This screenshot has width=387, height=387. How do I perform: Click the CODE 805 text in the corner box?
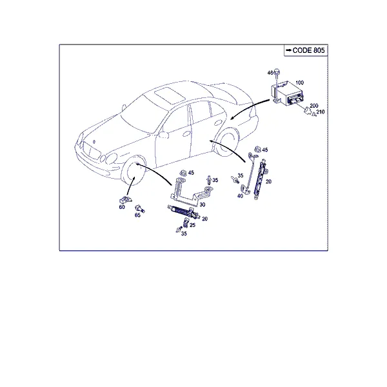pos(308,50)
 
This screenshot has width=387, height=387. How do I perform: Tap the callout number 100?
pos(300,83)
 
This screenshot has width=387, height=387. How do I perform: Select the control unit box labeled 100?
pos(288,94)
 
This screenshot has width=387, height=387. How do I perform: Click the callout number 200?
pos(314,106)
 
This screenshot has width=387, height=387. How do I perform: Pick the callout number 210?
pos(321,112)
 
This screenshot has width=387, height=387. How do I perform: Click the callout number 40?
pos(240,196)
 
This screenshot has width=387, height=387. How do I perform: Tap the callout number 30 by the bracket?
pos(203,204)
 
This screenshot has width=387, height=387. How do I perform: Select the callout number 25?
pos(192,225)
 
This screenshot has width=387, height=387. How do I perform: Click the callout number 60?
pos(122,207)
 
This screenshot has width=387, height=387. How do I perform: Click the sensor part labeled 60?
pos(125,200)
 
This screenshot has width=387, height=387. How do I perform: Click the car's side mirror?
pos(164,135)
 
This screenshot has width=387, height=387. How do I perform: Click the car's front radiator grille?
pos(91,150)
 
